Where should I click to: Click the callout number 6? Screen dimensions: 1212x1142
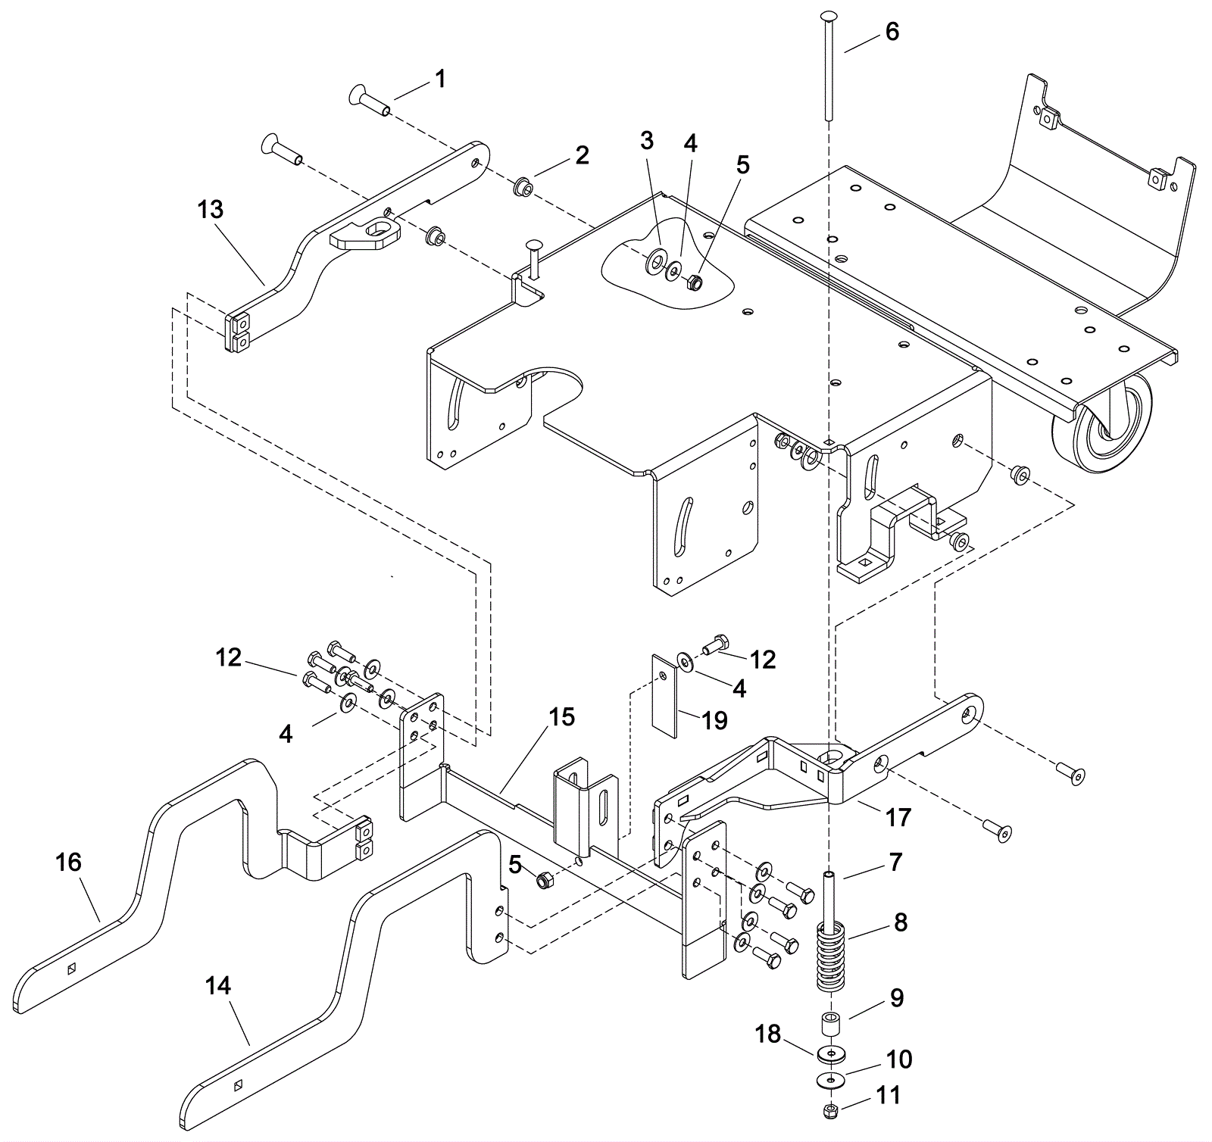coord(892,32)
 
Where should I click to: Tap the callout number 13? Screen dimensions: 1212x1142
coord(211,210)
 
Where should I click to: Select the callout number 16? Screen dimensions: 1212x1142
coord(69,863)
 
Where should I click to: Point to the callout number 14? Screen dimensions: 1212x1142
coord(219,986)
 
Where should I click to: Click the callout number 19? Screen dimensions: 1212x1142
coord(714,719)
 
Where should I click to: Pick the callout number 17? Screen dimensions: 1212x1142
coord(899,817)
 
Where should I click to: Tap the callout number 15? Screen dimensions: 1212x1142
coord(561,716)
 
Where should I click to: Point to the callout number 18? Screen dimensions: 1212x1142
coord(767,1033)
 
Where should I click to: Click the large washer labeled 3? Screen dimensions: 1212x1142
coord(654,264)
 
